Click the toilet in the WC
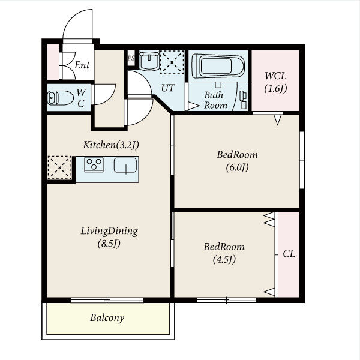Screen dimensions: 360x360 [x=61, y=98]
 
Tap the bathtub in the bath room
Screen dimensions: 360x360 [x=218, y=65]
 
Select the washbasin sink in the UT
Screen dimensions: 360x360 [x=149, y=61]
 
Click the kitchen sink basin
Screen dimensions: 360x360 [x=125, y=165]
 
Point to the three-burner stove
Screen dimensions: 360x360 [x=94, y=164]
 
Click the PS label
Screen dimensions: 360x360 [x=131, y=58]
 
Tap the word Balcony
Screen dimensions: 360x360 [x=107, y=318]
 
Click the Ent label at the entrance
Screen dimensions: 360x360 [x=82, y=65]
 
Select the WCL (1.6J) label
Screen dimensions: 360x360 [x=275, y=82]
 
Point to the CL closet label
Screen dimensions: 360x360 [x=289, y=254]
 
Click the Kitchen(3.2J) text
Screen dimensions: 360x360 [x=111, y=145]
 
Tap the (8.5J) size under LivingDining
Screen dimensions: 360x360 [x=109, y=244]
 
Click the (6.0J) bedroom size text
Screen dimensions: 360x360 [x=237, y=167]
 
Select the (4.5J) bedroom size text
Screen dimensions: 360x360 [x=224, y=260]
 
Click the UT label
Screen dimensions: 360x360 [x=168, y=88]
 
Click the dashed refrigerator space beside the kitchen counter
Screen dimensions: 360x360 [x=59, y=167]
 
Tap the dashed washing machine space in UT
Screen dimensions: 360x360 [x=172, y=62]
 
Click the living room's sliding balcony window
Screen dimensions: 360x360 [x=107, y=300]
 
